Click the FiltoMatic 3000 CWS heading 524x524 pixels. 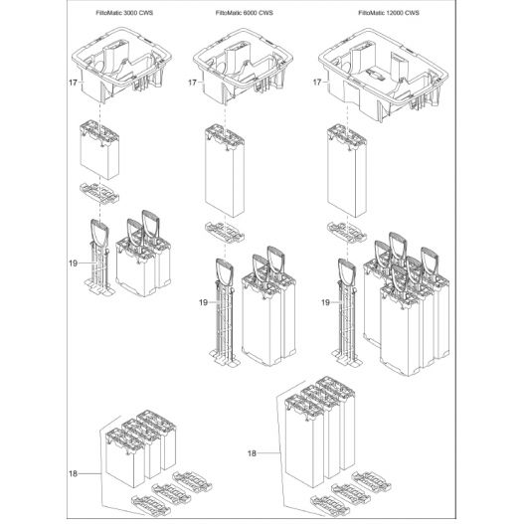tap(124, 13)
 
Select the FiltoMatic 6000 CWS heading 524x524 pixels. tap(245, 13)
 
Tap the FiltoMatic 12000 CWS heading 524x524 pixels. tap(389, 13)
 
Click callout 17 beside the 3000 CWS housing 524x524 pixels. tap(73, 83)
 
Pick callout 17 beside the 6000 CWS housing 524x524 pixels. tap(192, 83)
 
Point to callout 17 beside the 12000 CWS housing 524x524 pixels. tap(317, 82)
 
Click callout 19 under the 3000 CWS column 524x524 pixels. tap(74, 263)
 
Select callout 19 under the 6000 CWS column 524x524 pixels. tap(203, 302)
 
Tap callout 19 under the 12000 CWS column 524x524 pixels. tap(325, 302)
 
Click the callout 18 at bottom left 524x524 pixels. tap(74, 473)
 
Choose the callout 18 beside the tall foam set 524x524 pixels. tap(252, 453)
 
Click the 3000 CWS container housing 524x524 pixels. tap(122, 66)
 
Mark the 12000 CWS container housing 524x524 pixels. tap(383, 75)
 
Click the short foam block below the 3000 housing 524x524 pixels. tap(99, 151)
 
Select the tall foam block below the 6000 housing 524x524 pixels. tap(225, 170)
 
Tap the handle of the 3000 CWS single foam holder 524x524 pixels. tap(99, 232)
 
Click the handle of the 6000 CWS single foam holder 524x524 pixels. tap(225, 271)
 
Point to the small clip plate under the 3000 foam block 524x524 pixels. tap(99, 193)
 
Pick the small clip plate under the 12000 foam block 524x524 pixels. tap(347, 232)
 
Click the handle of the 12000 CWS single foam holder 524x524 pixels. tap(347, 271)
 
